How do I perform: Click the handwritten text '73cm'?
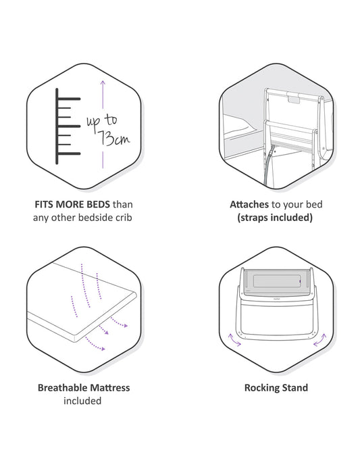(x=114, y=137)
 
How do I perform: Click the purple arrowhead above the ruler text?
(x=103, y=83)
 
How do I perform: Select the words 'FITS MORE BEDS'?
(x=72, y=204)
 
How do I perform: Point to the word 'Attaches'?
(x=249, y=204)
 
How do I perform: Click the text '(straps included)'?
(x=275, y=218)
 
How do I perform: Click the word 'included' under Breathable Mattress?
(x=82, y=401)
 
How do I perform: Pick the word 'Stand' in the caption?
(x=294, y=387)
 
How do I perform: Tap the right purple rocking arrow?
(x=320, y=340)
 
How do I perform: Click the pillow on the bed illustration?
(x=238, y=124)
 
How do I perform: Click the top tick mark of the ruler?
(x=68, y=99)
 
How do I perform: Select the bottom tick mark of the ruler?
(x=68, y=153)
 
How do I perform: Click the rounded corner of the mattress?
(x=76, y=337)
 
